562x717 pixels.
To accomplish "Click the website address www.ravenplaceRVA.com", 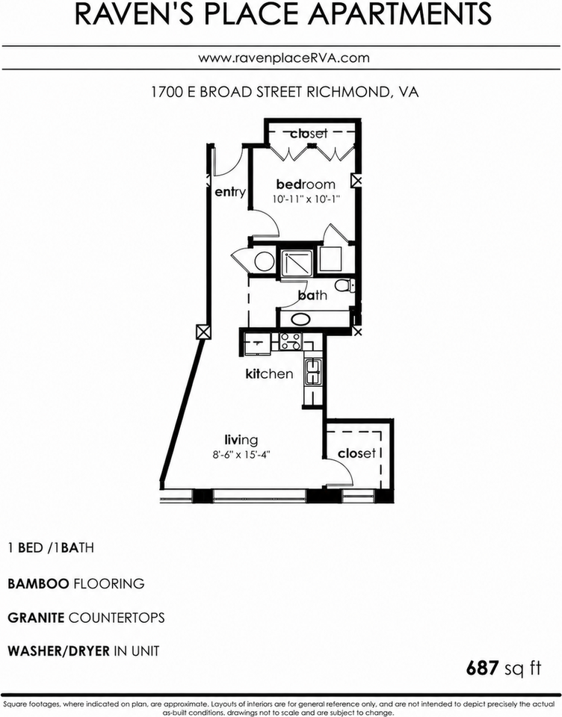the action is (x=284, y=58).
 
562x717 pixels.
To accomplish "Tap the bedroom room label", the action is (x=306, y=184).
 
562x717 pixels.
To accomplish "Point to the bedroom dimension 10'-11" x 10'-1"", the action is (x=306, y=199).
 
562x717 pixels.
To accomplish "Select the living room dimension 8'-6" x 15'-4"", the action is (x=241, y=455).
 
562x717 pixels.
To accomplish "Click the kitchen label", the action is (x=269, y=373).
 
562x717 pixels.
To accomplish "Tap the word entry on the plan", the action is (x=230, y=192).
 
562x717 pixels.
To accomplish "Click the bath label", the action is (x=312, y=295).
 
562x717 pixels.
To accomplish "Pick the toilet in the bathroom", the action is (x=345, y=286).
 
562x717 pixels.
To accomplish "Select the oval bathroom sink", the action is (x=300, y=319).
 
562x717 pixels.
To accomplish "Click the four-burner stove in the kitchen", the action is (x=291, y=341).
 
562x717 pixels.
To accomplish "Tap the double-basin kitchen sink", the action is (x=314, y=372).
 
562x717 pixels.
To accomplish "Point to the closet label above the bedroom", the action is (x=309, y=133).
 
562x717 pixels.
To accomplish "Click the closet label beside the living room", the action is (x=356, y=453).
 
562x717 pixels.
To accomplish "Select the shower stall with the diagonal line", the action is (x=297, y=262).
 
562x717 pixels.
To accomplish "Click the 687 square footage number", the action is (x=482, y=668).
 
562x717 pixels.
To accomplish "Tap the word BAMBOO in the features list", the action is (x=38, y=583).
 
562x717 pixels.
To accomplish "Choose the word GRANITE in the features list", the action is (x=36, y=618).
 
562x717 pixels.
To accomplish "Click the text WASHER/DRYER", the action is (x=58, y=651).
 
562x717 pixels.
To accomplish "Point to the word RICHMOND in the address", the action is (x=348, y=92).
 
